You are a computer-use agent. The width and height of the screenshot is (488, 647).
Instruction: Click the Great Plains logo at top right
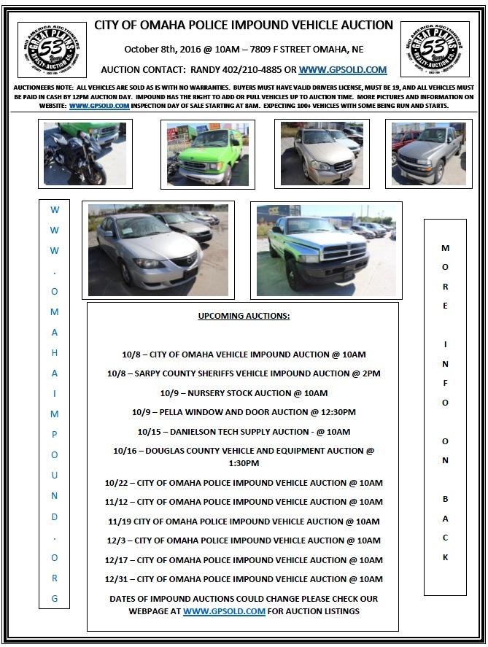pos(435,49)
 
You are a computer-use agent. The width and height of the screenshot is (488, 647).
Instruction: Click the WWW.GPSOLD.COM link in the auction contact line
pos(343,70)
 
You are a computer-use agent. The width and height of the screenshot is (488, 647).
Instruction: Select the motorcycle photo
pos(85,153)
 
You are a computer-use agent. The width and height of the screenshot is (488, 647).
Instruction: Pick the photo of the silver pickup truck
pos(428,154)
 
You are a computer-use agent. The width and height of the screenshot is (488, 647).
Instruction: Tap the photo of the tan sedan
pos(322,153)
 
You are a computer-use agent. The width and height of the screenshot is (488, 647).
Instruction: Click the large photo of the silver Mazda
pos(158,250)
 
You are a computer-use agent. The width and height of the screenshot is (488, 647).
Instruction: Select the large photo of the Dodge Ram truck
pos(326,250)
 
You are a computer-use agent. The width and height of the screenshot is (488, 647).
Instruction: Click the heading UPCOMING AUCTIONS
pos(244,316)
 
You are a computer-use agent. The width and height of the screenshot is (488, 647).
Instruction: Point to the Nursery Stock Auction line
pos(244,393)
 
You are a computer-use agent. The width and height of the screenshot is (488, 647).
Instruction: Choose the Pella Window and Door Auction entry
pos(244,412)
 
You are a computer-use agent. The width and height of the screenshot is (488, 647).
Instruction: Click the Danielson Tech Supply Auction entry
pos(244,431)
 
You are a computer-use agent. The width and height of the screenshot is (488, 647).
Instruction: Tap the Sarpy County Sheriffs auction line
pos(244,373)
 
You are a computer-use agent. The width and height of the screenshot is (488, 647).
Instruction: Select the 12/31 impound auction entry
pos(244,579)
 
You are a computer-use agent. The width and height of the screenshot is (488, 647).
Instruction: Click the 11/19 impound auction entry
pos(244,522)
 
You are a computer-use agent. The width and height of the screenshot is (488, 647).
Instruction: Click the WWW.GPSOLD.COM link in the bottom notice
pos(224,611)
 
